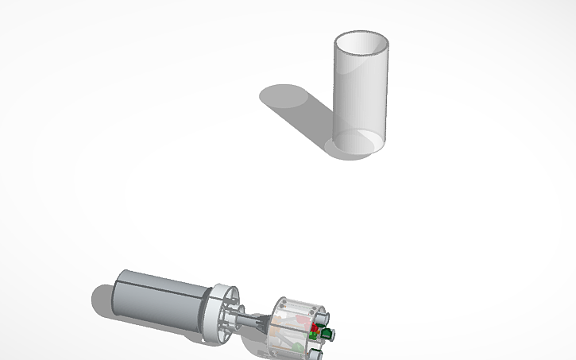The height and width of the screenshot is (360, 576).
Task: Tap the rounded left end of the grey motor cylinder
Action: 118,290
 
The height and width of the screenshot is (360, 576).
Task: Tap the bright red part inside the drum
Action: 314,327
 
